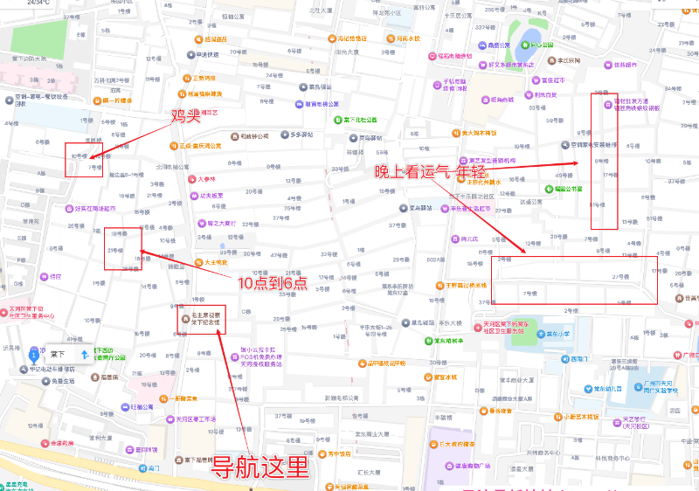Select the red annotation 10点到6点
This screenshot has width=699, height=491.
[x=273, y=283]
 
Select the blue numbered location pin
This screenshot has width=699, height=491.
[x=33, y=355]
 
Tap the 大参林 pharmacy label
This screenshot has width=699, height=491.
[x=206, y=178]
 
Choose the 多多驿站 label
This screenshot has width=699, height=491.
[x=301, y=135]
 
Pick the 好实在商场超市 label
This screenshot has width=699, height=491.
[x=95, y=209]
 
